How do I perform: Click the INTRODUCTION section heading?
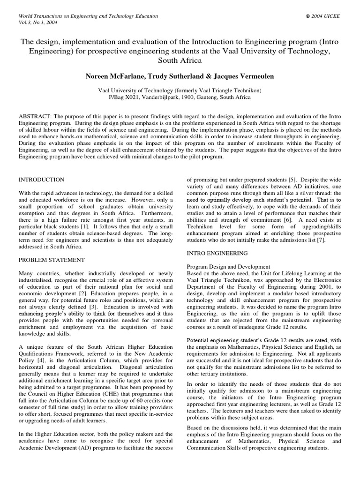click(41, 180)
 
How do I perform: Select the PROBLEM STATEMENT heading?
click(51, 259)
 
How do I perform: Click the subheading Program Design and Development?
click(228, 266)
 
